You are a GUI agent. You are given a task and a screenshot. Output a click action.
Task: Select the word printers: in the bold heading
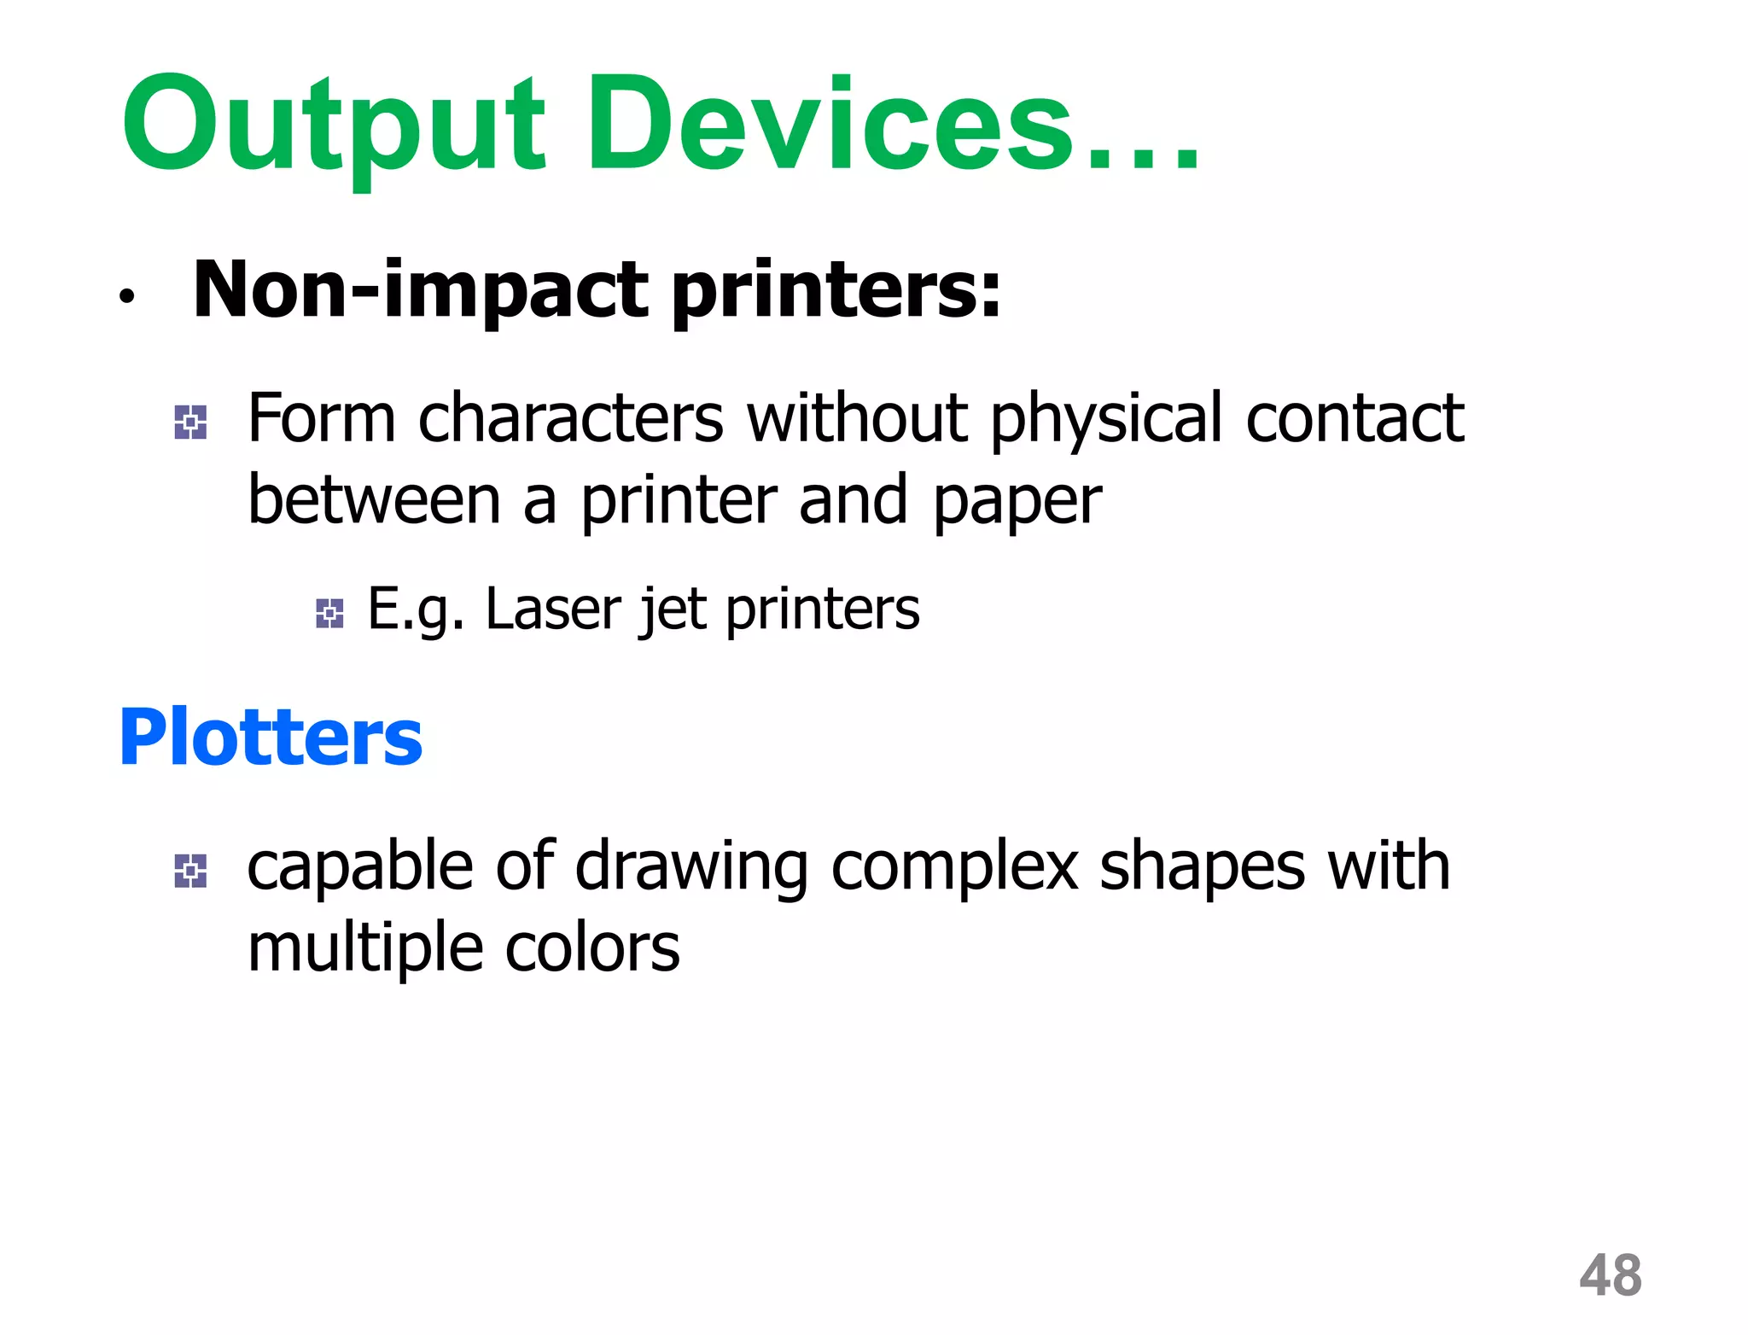pos(836,290)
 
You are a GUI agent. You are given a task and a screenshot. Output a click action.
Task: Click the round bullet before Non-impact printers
pos(127,296)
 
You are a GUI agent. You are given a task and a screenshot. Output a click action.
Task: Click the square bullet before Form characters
pos(190,422)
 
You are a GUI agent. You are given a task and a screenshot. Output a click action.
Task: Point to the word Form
pos(322,418)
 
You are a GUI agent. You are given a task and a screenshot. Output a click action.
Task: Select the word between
pos(374,500)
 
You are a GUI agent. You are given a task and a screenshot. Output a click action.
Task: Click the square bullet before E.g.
pos(329,613)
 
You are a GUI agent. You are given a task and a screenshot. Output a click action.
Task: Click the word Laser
pos(554,609)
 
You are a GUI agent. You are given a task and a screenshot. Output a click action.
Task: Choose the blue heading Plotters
pos(271,737)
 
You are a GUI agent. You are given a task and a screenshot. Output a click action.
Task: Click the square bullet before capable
pos(190,871)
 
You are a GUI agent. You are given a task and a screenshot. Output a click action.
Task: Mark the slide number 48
pos(1611,1275)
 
